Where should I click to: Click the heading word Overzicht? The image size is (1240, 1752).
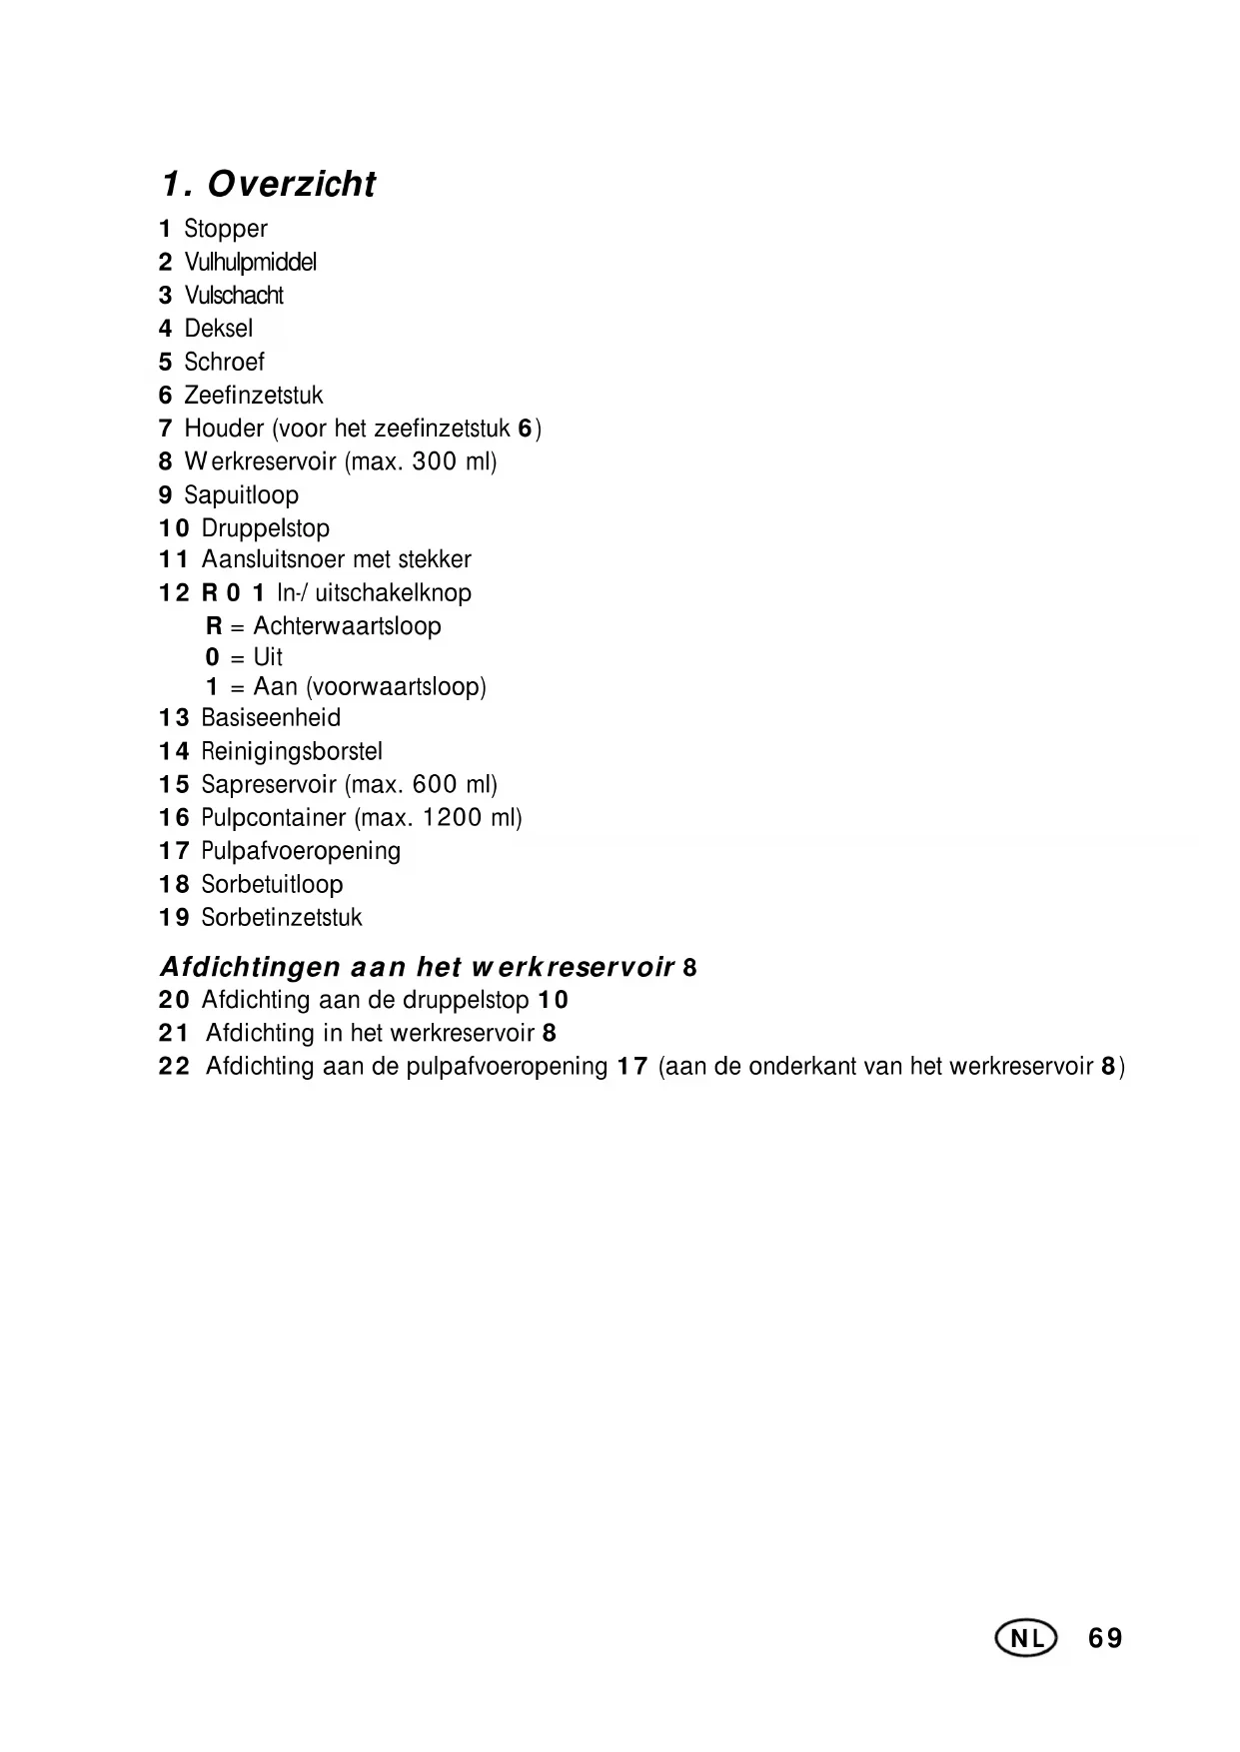coord(292,185)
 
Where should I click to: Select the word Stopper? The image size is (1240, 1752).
coord(226,229)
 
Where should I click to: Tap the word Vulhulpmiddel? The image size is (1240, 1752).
coord(251,263)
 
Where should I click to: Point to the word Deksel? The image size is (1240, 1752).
coord(219,329)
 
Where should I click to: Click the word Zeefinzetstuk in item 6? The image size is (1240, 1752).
coord(254,396)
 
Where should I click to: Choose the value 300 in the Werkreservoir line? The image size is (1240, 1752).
coord(434,461)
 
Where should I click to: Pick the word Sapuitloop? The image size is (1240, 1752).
coord(242,495)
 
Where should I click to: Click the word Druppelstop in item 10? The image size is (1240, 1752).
coord(266,528)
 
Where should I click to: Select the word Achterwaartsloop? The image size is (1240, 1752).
coord(347,626)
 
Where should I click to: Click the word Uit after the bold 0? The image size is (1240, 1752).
coord(268,657)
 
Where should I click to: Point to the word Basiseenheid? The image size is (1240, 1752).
coord(271,718)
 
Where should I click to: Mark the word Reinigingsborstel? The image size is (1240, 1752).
coord(292,751)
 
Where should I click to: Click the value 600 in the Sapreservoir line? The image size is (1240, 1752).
coord(434,785)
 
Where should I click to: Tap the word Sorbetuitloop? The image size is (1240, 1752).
coord(272,885)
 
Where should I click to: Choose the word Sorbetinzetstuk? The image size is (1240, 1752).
coord(282,918)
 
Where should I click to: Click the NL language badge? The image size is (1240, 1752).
coord(1025,1638)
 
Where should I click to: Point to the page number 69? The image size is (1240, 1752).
coord(1106,1638)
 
